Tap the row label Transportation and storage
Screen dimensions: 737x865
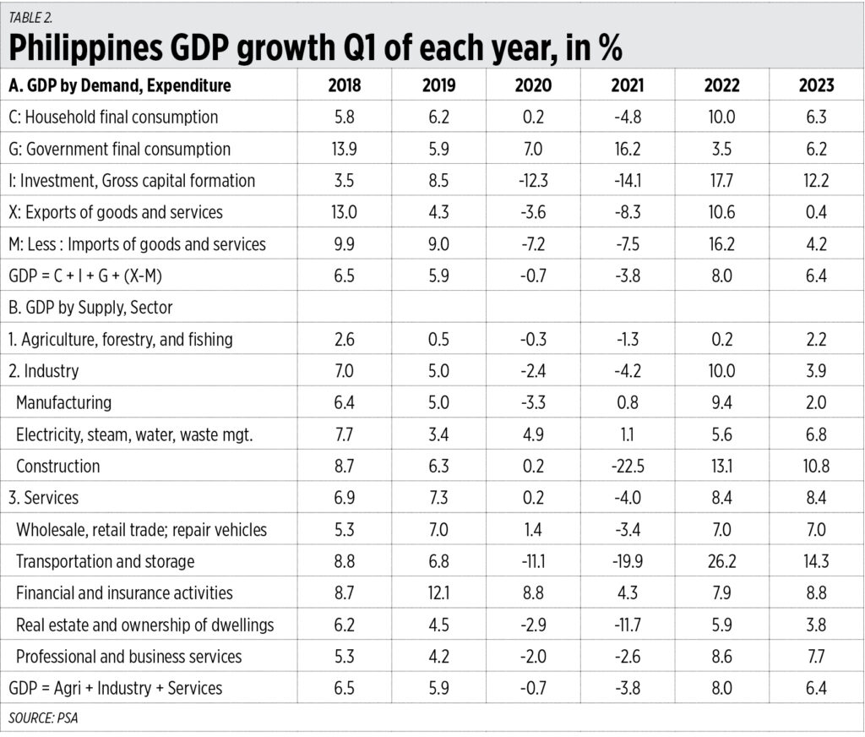105,561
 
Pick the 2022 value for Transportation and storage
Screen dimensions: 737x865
722,561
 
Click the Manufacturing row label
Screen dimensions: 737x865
63,403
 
